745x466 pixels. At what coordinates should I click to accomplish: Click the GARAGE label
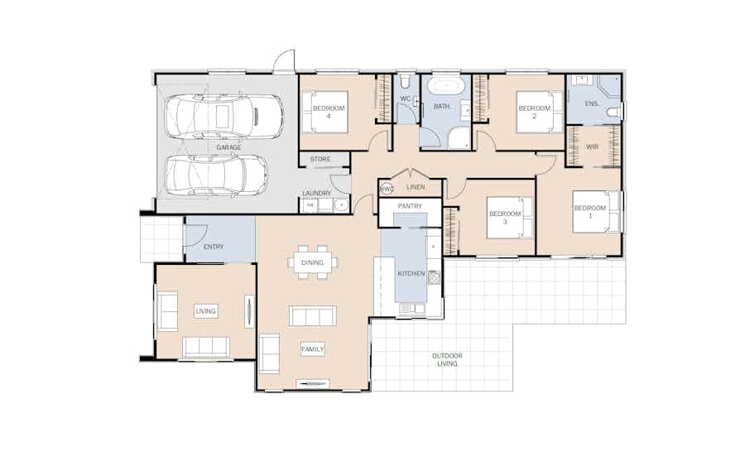[228, 147]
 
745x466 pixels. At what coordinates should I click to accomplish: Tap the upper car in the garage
[223, 117]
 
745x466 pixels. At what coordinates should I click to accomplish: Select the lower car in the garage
[217, 175]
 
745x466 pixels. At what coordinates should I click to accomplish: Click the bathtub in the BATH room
[445, 87]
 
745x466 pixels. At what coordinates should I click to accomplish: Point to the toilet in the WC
[405, 81]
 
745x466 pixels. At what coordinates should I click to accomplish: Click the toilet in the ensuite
[614, 112]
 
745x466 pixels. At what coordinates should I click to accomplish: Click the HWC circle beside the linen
[387, 189]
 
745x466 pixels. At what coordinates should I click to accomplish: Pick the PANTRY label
[410, 206]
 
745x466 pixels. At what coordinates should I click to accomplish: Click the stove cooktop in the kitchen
[435, 277]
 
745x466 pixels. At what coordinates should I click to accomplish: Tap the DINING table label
[312, 262]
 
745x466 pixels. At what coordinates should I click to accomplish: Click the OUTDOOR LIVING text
[447, 359]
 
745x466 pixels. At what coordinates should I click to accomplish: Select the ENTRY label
[214, 247]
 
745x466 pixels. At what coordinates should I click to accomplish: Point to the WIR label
[592, 147]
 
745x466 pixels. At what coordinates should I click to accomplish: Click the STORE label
[320, 159]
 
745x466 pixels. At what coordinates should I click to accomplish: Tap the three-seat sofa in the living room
[206, 347]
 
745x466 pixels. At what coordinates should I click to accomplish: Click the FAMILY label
[312, 349]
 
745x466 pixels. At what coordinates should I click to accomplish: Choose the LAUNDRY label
[316, 194]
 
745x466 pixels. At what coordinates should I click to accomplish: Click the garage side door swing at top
[284, 60]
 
